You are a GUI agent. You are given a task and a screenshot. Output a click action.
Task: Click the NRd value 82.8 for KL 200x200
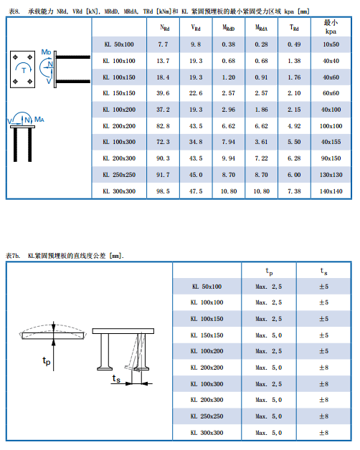(x=163, y=126)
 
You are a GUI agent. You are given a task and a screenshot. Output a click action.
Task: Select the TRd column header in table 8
(x=294, y=27)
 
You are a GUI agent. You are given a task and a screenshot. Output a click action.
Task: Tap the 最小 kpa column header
(x=331, y=27)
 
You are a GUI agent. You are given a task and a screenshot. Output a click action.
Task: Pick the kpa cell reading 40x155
(x=331, y=142)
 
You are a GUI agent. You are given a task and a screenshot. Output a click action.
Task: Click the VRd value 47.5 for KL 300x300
(x=196, y=191)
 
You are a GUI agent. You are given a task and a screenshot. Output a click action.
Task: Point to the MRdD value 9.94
(x=229, y=158)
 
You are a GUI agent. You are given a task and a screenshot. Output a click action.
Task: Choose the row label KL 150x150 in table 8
(x=119, y=93)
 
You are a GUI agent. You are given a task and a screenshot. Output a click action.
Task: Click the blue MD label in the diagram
(x=46, y=52)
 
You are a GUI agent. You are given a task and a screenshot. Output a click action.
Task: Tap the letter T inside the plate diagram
(x=24, y=70)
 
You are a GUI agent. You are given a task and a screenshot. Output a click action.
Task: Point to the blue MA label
(x=39, y=119)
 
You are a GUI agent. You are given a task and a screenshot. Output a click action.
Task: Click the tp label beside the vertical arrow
(x=47, y=360)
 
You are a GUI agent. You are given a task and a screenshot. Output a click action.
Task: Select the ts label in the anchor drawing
(x=116, y=378)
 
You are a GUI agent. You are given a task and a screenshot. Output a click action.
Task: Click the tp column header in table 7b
(x=269, y=271)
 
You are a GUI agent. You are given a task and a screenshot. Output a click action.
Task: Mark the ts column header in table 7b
(x=324, y=271)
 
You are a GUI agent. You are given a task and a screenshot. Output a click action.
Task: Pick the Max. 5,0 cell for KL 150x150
(x=269, y=335)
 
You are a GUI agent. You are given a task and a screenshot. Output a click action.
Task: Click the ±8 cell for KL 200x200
(x=324, y=368)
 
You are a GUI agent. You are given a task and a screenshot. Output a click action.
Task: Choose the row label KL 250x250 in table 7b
(x=207, y=416)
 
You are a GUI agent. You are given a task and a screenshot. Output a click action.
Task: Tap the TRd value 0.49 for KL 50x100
(x=294, y=44)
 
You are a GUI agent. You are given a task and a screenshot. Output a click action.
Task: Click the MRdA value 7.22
(x=261, y=158)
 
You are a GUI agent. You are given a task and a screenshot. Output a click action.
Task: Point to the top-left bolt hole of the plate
(x=16, y=57)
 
